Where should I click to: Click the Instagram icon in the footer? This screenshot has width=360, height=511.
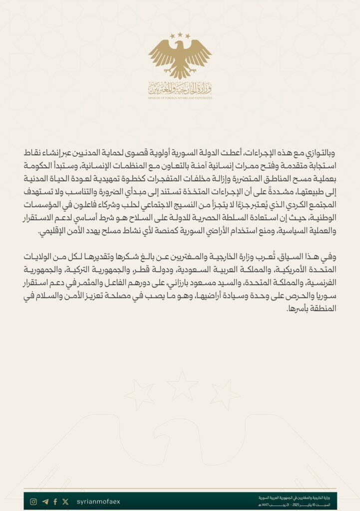click(33, 502)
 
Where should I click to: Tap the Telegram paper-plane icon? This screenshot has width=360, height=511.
click(45, 502)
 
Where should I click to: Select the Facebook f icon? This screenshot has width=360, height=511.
click(55, 502)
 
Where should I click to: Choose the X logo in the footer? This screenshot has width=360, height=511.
click(65, 502)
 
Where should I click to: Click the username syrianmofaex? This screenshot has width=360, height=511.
click(99, 502)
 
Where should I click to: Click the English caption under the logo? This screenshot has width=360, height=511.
click(180, 98)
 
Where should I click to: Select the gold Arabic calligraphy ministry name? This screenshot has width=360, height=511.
click(180, 88)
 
